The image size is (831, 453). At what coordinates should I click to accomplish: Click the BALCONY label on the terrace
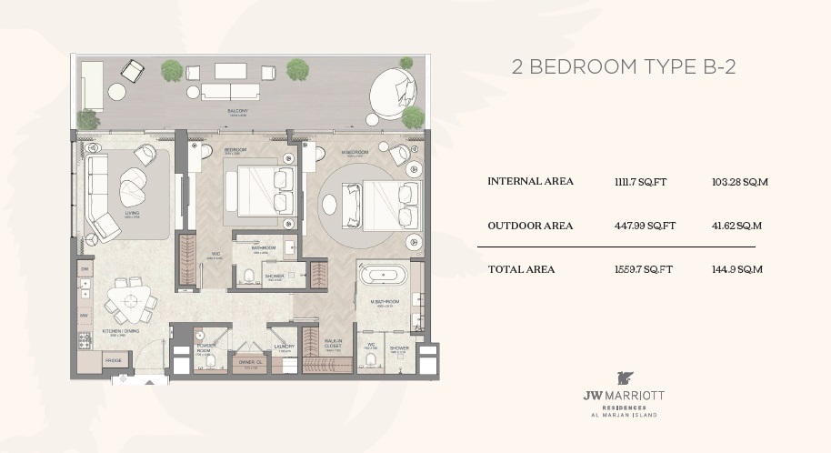238,110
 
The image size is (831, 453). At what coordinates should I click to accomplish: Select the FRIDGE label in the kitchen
113,360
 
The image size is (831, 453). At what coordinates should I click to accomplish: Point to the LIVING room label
133,214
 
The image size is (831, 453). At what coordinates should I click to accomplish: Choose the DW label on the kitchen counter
84,270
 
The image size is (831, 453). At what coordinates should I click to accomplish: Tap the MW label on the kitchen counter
84,316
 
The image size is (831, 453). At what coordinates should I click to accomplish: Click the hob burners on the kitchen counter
85,340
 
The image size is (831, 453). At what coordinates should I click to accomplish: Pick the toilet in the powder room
211,362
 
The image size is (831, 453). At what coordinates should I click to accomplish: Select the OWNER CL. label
250,362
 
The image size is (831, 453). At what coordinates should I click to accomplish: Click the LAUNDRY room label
283,347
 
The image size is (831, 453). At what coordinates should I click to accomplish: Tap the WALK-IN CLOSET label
333,344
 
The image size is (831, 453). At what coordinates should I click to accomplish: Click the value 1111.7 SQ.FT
640,182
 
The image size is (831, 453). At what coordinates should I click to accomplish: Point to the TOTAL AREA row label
521,269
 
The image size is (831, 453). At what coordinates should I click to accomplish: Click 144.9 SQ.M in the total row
737,269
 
